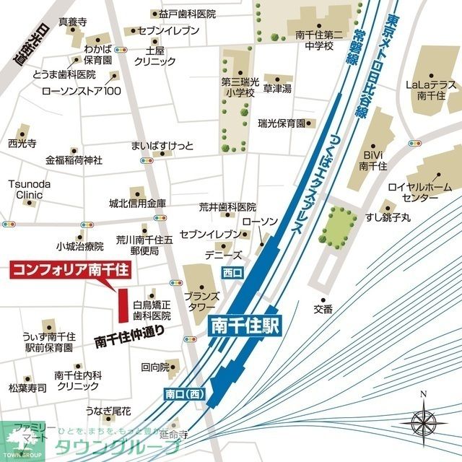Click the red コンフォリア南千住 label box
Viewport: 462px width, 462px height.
point(69,271)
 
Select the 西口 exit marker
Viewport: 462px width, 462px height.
point(232,272)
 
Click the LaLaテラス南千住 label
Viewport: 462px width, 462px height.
point(430,90)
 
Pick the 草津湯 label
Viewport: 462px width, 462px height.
point(276,89)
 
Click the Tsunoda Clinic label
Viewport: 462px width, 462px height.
point(30,189)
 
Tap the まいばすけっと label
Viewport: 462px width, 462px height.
point(162,147)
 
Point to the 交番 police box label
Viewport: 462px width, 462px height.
point(323,310)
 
